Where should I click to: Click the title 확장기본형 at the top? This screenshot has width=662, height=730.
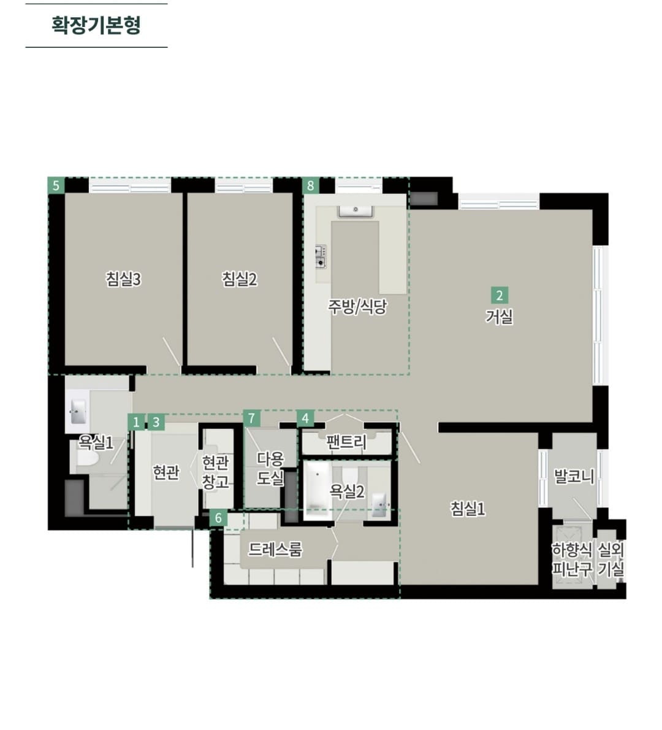[96, 25]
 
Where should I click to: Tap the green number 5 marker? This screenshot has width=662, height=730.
[56, 186]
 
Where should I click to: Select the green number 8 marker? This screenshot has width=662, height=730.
[310, 186]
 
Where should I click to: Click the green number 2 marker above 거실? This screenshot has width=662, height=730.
[499, 295]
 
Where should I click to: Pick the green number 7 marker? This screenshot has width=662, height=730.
[251, 418]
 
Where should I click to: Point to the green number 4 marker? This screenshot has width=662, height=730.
[305, 418]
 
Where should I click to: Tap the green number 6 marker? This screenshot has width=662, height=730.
[218, 518]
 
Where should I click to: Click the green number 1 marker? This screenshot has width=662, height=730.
[136, 422]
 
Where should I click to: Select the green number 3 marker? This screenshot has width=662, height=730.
[156, 422]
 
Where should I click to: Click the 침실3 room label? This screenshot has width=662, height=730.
[123, 279]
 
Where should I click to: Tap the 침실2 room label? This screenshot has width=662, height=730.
[239, 279]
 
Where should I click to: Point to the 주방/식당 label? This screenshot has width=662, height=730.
[357, 306]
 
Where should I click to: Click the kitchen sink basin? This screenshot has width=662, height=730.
[356, 211]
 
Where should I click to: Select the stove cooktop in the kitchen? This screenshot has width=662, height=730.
[321, 256]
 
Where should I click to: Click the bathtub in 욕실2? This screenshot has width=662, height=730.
[318, 491]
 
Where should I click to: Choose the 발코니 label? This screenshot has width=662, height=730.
[574, 476]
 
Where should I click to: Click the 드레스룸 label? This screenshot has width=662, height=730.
[275, 550]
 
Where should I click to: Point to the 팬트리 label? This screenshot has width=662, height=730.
[346, 442]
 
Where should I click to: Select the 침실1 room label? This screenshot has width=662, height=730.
[468, 508]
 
